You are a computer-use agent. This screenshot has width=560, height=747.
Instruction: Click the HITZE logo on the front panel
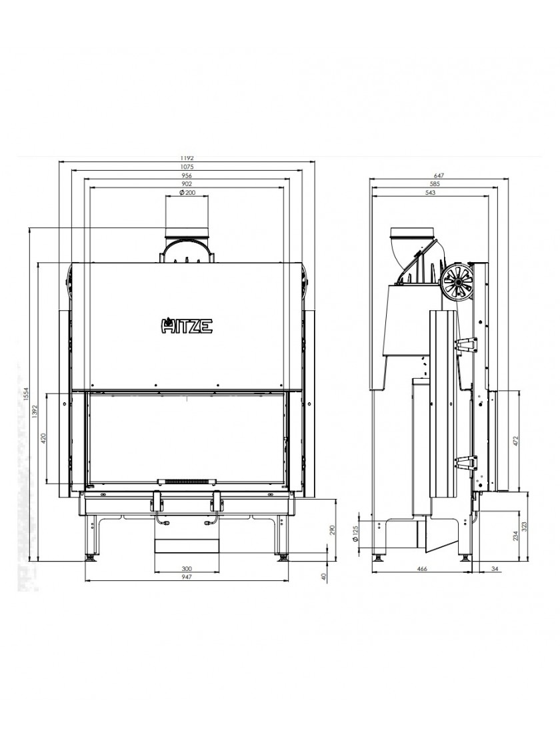point(186,326)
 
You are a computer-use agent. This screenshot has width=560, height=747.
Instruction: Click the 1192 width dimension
point(187,158)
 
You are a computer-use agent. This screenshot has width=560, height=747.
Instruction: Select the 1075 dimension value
point(187,167)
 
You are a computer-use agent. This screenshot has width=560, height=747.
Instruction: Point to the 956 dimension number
point(187,176)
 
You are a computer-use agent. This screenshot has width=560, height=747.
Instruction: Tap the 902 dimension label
point(187,184)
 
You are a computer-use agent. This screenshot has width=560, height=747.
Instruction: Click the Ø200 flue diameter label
point(187,193)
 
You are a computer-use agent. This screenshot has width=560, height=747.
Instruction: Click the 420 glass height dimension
point(43,438)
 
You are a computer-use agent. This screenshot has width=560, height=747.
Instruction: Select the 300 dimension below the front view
point(187,568)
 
